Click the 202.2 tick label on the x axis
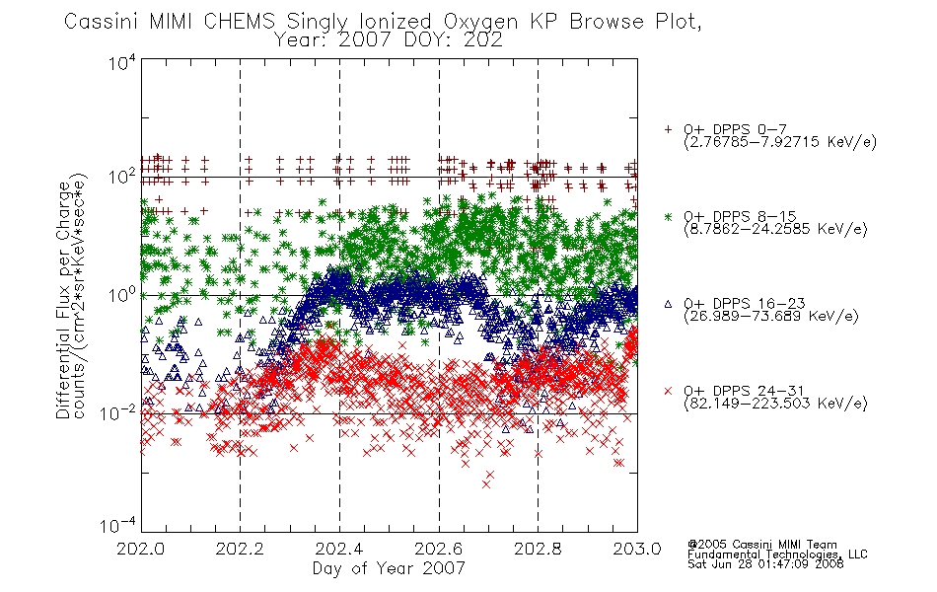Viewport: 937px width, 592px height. click(240, 549)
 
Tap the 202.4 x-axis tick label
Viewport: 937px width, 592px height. click(339, 549)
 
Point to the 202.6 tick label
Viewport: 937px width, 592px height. click(439, 549)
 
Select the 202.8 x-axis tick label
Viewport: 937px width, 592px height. click(538, 549)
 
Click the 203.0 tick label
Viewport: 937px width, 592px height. click(637, 549)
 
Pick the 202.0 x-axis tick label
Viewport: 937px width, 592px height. click(140, 549)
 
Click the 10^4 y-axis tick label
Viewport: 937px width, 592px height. click(122, 63)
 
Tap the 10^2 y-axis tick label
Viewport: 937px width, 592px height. click(122, 178)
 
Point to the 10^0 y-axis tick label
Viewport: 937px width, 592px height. click(122, 295)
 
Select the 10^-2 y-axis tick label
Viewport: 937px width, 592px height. click(118, 412)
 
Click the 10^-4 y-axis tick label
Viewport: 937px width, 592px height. click(118, 526)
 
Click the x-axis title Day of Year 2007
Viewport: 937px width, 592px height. click(389, 568)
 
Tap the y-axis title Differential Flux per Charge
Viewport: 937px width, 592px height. click(63, 300)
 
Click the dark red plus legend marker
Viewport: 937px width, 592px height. click(668, 129)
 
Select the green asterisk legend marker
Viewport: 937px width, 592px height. click(668, 216)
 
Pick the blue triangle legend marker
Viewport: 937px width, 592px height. click(668, 304)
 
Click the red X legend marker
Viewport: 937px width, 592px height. click(668, 391)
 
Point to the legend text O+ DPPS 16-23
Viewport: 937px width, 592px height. click(744, 304)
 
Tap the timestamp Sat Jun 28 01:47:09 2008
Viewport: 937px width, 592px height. click(765, 564)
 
